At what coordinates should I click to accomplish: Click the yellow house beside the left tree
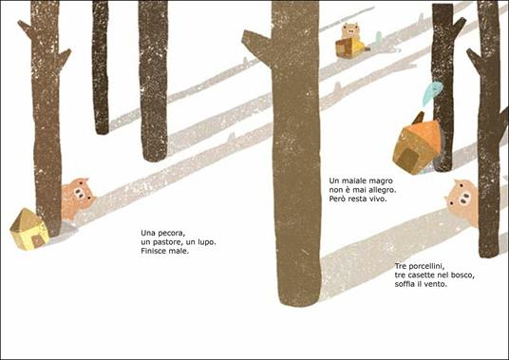click(x=29, y=229)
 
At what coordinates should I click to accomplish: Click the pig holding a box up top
click(x=350, y=41)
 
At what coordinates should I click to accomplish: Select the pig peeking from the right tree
click(x=462, y=202)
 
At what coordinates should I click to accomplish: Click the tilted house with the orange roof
click(x=418, y=144)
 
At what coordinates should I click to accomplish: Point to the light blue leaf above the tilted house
click(x=433, y=92)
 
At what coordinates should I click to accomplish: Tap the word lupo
click(x=206, y=242)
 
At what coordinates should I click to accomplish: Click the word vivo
click(x=378, y=199)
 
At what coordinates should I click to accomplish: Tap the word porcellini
click(x=425, y=266)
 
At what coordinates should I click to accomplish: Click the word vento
click(x=437, y=284)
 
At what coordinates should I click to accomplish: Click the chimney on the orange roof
click(x=419, y=118)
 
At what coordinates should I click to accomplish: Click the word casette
click(x=421, y=275)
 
